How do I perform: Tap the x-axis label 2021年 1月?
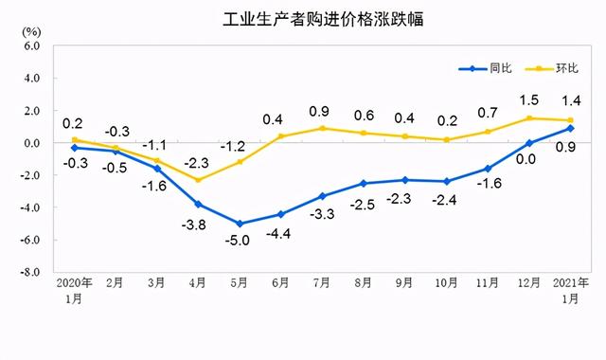tap(570, 289)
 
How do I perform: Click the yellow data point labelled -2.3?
tap(198, 180)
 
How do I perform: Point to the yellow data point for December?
tap(529, 118)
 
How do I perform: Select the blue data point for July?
tap(323, 196)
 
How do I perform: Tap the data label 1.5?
tap(528, 99)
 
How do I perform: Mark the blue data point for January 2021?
tap(570, 128)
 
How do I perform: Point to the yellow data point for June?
tap(281, 136)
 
